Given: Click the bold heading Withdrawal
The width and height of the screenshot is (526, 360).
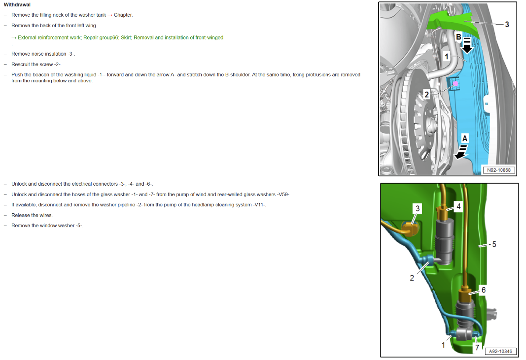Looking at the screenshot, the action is coord(17,4).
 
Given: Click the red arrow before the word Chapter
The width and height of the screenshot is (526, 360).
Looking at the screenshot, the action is coord(110,15).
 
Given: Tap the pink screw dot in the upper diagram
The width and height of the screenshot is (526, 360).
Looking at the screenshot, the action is coord(455,83).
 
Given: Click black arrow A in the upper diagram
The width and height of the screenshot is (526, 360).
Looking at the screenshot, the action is coord(461,152).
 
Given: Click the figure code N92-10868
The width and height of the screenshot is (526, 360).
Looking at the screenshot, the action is coord(499,170).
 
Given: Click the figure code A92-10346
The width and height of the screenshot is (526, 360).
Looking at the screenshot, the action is coord(501,351).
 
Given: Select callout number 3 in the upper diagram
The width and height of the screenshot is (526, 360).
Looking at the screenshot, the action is coord(507,25).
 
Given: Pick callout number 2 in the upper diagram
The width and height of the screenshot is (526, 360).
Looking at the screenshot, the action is coord(426,95).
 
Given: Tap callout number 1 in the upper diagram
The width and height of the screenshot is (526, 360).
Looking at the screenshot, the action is coord(446,56).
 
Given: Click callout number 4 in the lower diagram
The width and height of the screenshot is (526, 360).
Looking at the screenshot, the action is coord(458,207).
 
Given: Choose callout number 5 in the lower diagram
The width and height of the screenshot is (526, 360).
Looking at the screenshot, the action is coord(494,244).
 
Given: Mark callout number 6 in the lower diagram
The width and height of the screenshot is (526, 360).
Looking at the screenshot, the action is coord(483,290).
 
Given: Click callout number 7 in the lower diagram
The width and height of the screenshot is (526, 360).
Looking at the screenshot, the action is coord(477,348).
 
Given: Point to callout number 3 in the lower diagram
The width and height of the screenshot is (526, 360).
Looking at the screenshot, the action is coord(417,208).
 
